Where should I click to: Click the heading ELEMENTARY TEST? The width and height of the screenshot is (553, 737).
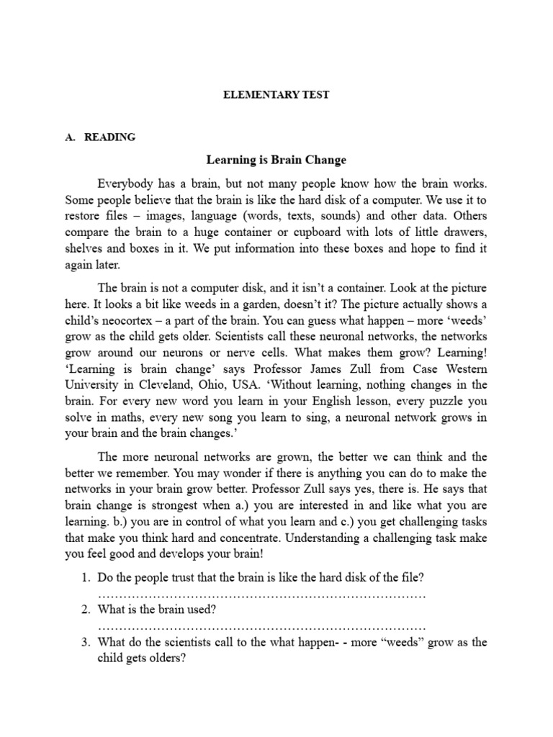pos(276,94)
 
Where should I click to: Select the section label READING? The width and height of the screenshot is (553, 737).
pos(109,137)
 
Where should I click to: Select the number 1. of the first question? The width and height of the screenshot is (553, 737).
pos(85,578)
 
